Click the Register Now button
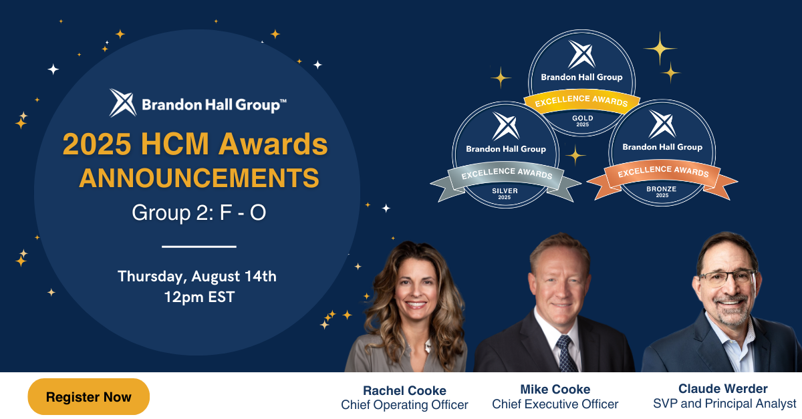click(x=89, y=397)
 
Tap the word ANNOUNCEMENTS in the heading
click(x=199, y=178)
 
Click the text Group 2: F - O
click(x=199, y=213)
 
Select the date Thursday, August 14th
click(x=197, y=277)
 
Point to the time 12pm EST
click(x=199, y=297)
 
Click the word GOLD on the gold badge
click(x=583, y=118)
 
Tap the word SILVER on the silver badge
click(x=505, y=190)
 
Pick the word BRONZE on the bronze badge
click(x=661, y=188)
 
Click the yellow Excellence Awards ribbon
click(x=581, y=101)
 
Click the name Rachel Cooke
click(x=404, y=390)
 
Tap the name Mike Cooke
click(x=555, y=390)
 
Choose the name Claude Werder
click(x=723, y=388)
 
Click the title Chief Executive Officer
click(x=555, y=404)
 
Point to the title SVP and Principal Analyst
click(x=724, y=404)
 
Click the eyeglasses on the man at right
click(x=727, y=278)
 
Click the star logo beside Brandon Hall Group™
click(x=122, y=103)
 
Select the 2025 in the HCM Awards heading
click(x=97, y=144)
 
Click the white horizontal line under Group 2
click(x=199, y=247)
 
